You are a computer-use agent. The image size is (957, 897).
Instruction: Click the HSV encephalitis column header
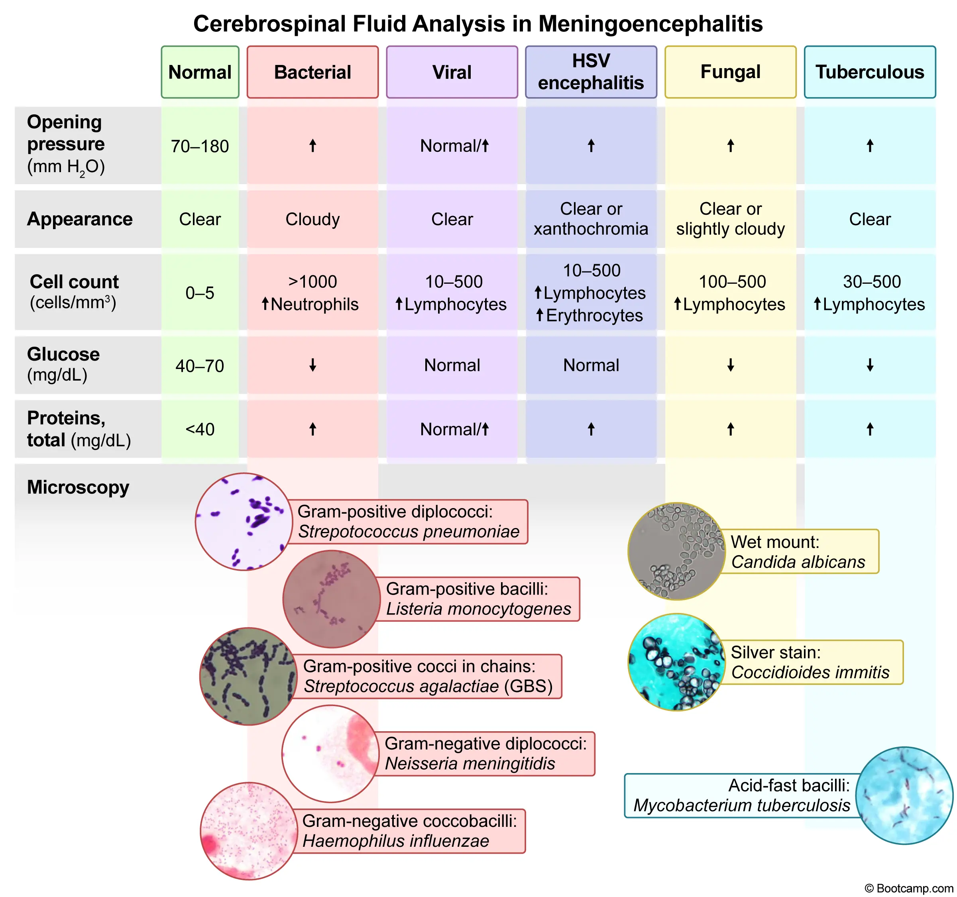[x=591, y=72]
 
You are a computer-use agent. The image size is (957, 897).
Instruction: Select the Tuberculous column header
[x=869, y=72]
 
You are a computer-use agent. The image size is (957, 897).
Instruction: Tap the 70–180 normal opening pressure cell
[x=200, y=146]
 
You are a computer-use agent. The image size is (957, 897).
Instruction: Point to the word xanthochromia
[x=591, y=229]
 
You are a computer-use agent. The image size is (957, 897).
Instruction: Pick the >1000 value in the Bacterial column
[x=312, y=281]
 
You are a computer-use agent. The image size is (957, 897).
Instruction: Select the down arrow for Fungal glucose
[x=730, y=365]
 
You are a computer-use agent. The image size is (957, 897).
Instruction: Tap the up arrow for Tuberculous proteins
[x=869, y=429]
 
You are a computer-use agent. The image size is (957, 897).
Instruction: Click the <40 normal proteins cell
[x=200, y=429]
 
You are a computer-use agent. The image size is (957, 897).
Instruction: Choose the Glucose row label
[x=63, y=355]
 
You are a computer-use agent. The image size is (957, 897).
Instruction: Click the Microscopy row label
[x=78, y=487]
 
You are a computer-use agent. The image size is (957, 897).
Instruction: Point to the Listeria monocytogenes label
[x=478, y=609]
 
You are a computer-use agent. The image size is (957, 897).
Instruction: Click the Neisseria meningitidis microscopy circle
[x=330, y=753]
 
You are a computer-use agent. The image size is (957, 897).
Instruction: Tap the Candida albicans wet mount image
[x=676, y=551]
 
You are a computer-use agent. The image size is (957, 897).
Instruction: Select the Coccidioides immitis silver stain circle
[x=676, y=661]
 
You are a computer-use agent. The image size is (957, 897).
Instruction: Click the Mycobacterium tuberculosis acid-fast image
[x=904, y=795]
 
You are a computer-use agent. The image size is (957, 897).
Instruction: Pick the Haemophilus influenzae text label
[x=396, y=841]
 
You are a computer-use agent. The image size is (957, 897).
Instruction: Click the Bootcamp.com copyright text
[x=909, y=888]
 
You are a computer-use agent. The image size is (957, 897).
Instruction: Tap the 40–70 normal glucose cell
[x=200, y=366]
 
